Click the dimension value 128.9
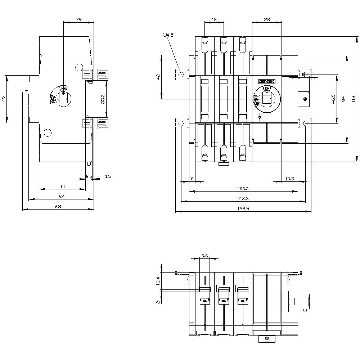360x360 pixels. (x=243, y=208)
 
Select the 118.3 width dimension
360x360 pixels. (x=243, y=198)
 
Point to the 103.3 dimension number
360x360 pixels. (x=243, y=188)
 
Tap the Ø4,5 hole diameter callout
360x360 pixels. (x=168, y=35)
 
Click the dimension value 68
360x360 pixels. (x=58, y=206)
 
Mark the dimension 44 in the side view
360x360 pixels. (x=62, y=186)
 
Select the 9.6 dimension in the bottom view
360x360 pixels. (x=204, y=256)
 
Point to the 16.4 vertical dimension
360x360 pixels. (x=157, y=281)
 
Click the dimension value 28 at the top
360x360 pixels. (x=267, y=20)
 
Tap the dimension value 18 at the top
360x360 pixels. (x=214, y=20)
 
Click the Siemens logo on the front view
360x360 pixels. (x=267, y=82)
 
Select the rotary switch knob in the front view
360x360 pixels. (x=267, y=99)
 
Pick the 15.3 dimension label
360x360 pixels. (x=289, y=178)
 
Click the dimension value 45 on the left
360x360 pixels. (x=3, y=99)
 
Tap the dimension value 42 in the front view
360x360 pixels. (x=157, y=77)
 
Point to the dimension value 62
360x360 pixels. (x=61, y=196)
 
